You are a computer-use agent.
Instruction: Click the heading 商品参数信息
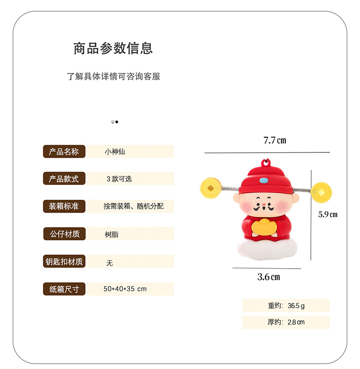113,48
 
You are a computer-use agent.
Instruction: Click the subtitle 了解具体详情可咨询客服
113,76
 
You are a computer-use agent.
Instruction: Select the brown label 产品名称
64,152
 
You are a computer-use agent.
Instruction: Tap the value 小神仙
115,152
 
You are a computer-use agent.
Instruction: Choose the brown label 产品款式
64,179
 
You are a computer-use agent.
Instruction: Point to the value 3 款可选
119,179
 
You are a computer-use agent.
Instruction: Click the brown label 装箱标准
64,206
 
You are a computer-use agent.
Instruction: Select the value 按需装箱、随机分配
133,206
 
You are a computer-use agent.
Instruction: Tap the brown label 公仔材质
64,234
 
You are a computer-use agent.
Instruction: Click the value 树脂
112,234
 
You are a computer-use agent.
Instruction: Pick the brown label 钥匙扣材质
64,262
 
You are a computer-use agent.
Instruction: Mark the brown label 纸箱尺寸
64,289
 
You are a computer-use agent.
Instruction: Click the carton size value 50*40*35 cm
125,289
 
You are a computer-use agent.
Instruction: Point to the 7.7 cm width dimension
275,140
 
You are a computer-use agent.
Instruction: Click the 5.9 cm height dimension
328,214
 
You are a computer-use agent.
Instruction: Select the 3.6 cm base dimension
269,277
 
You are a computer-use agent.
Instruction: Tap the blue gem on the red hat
264,181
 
